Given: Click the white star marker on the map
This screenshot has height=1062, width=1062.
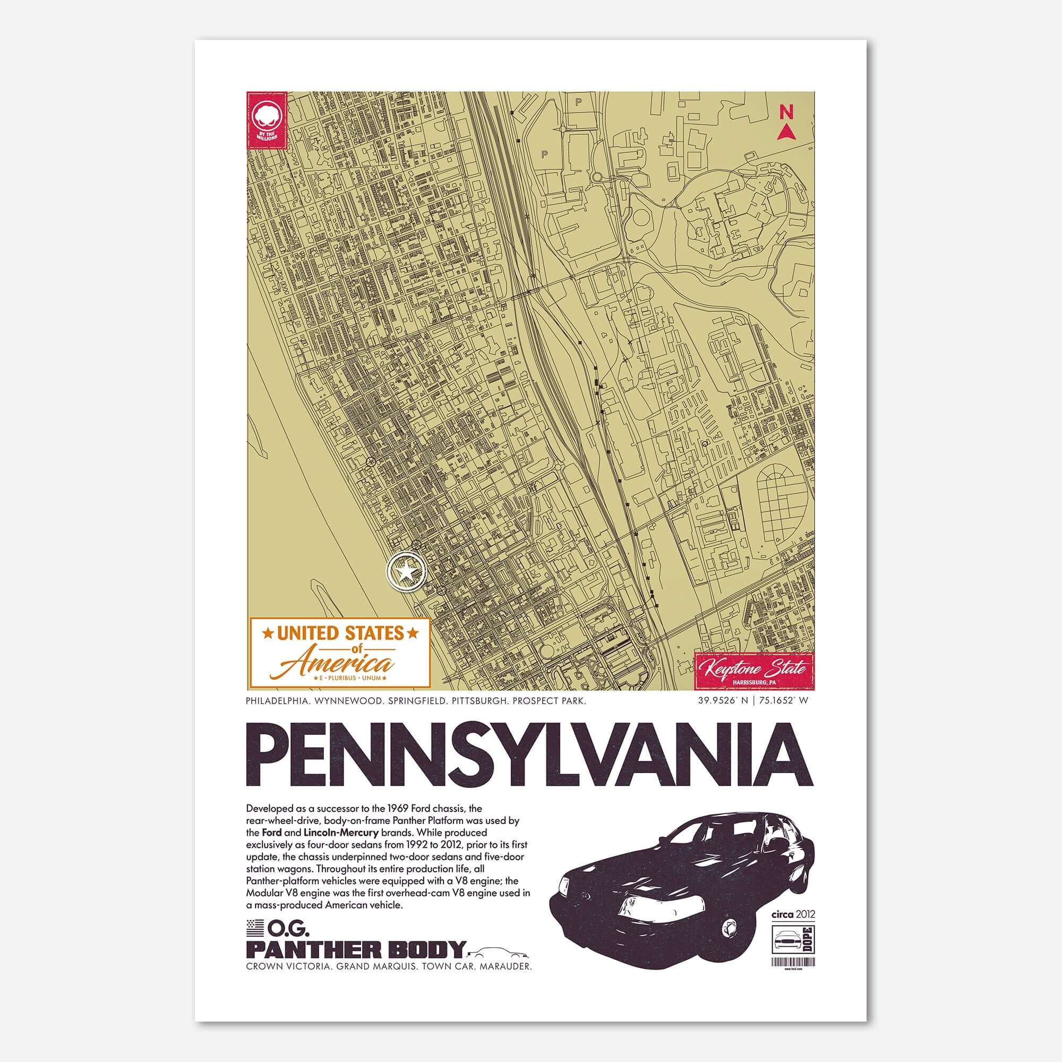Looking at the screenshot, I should tap(406, 573).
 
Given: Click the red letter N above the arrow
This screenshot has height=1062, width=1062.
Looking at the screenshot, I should tap(786, 112).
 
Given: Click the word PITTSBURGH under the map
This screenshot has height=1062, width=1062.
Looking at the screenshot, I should tap(484, 701).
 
